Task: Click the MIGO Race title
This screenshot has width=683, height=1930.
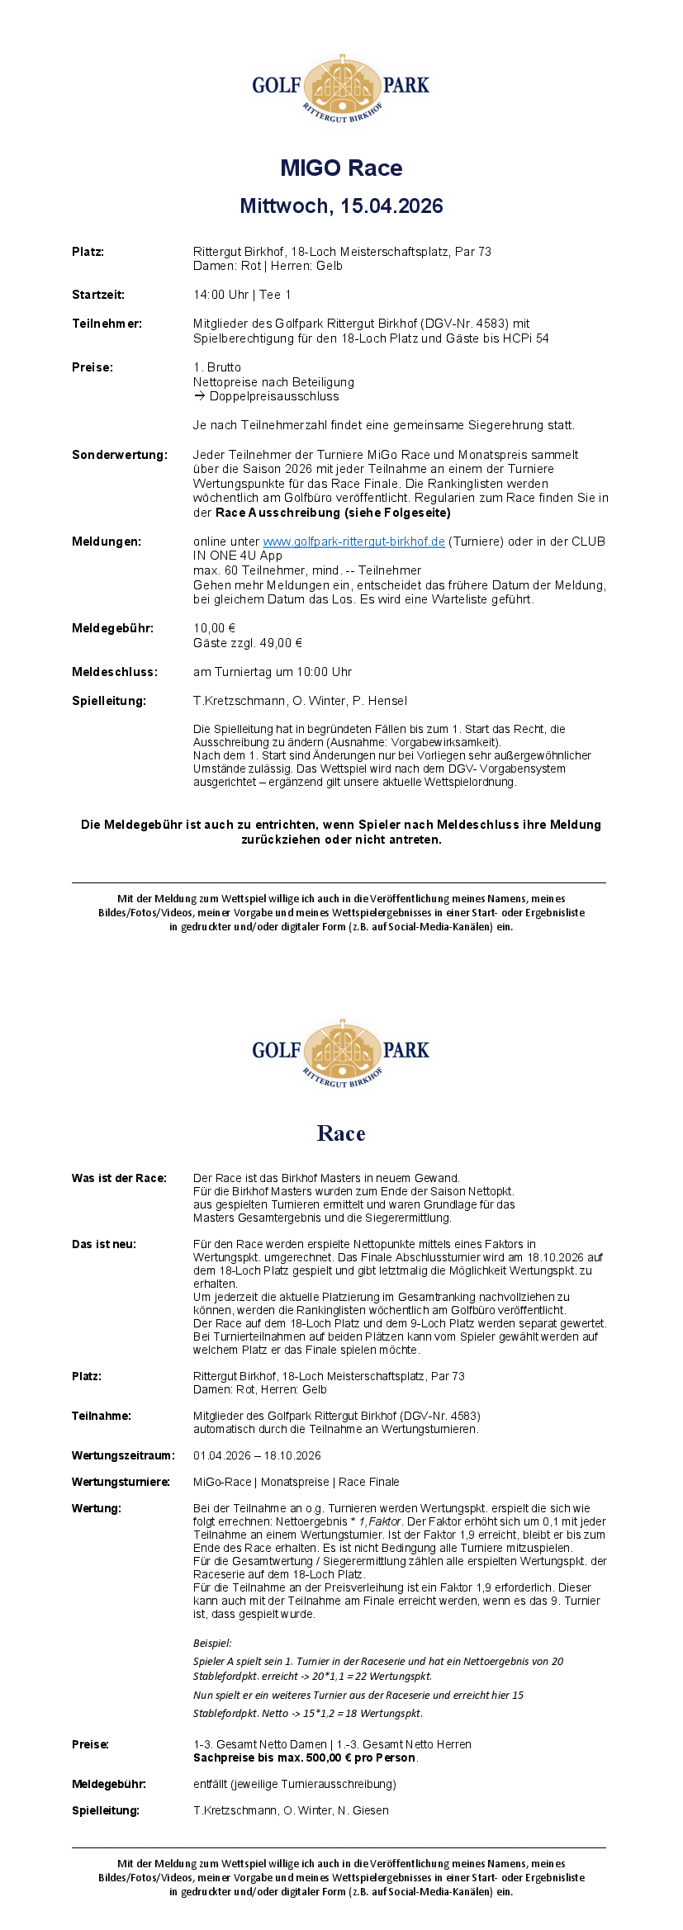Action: click(341, 168)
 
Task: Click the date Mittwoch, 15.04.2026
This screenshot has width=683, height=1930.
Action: click(341, 206)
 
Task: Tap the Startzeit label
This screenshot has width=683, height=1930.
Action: click(98, 295)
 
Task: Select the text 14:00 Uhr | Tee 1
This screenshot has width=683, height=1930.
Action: click(242, 295)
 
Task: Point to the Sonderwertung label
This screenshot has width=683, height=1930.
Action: click(119, 455)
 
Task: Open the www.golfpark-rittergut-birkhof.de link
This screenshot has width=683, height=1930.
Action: click(353, 542)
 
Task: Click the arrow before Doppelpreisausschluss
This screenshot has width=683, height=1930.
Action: click(200, 396)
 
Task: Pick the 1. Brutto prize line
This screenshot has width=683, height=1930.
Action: click(217, 367)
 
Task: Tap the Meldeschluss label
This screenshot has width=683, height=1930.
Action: click(114, 672)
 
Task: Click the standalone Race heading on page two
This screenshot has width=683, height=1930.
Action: click(341, 1133)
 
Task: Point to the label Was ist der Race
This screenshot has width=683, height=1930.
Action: click(119, 1178)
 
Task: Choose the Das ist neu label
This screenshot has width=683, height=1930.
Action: click(104, 1244)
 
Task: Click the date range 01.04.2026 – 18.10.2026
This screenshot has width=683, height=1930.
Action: click(257, 1455)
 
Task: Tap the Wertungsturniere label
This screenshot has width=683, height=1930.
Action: click(121, 1482)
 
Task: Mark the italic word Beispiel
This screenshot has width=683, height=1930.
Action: click(212, 1644)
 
